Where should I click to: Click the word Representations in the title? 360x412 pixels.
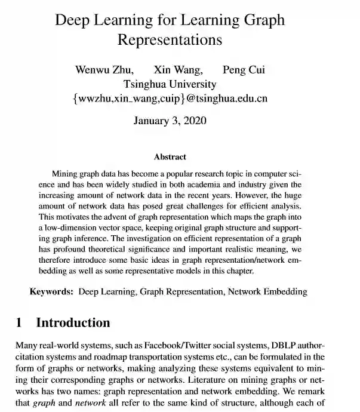170,40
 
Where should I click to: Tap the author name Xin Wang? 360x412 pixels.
178,70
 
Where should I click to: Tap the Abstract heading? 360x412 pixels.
170,157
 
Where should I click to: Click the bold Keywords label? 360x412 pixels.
52,292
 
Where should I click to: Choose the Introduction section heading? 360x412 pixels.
73,323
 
